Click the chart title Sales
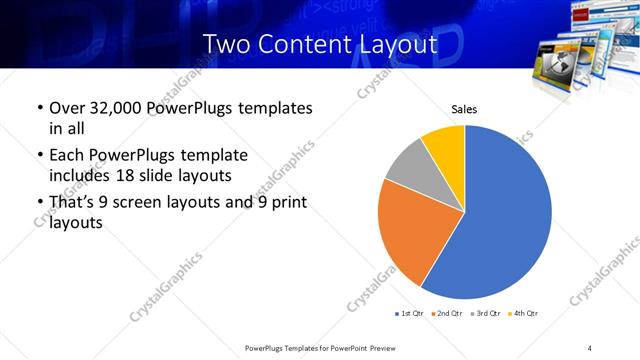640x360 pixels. [465, 109]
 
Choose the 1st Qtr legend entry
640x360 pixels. [411, 314]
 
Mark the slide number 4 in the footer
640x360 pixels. [589, 347]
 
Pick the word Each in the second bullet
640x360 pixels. [66, 155]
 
